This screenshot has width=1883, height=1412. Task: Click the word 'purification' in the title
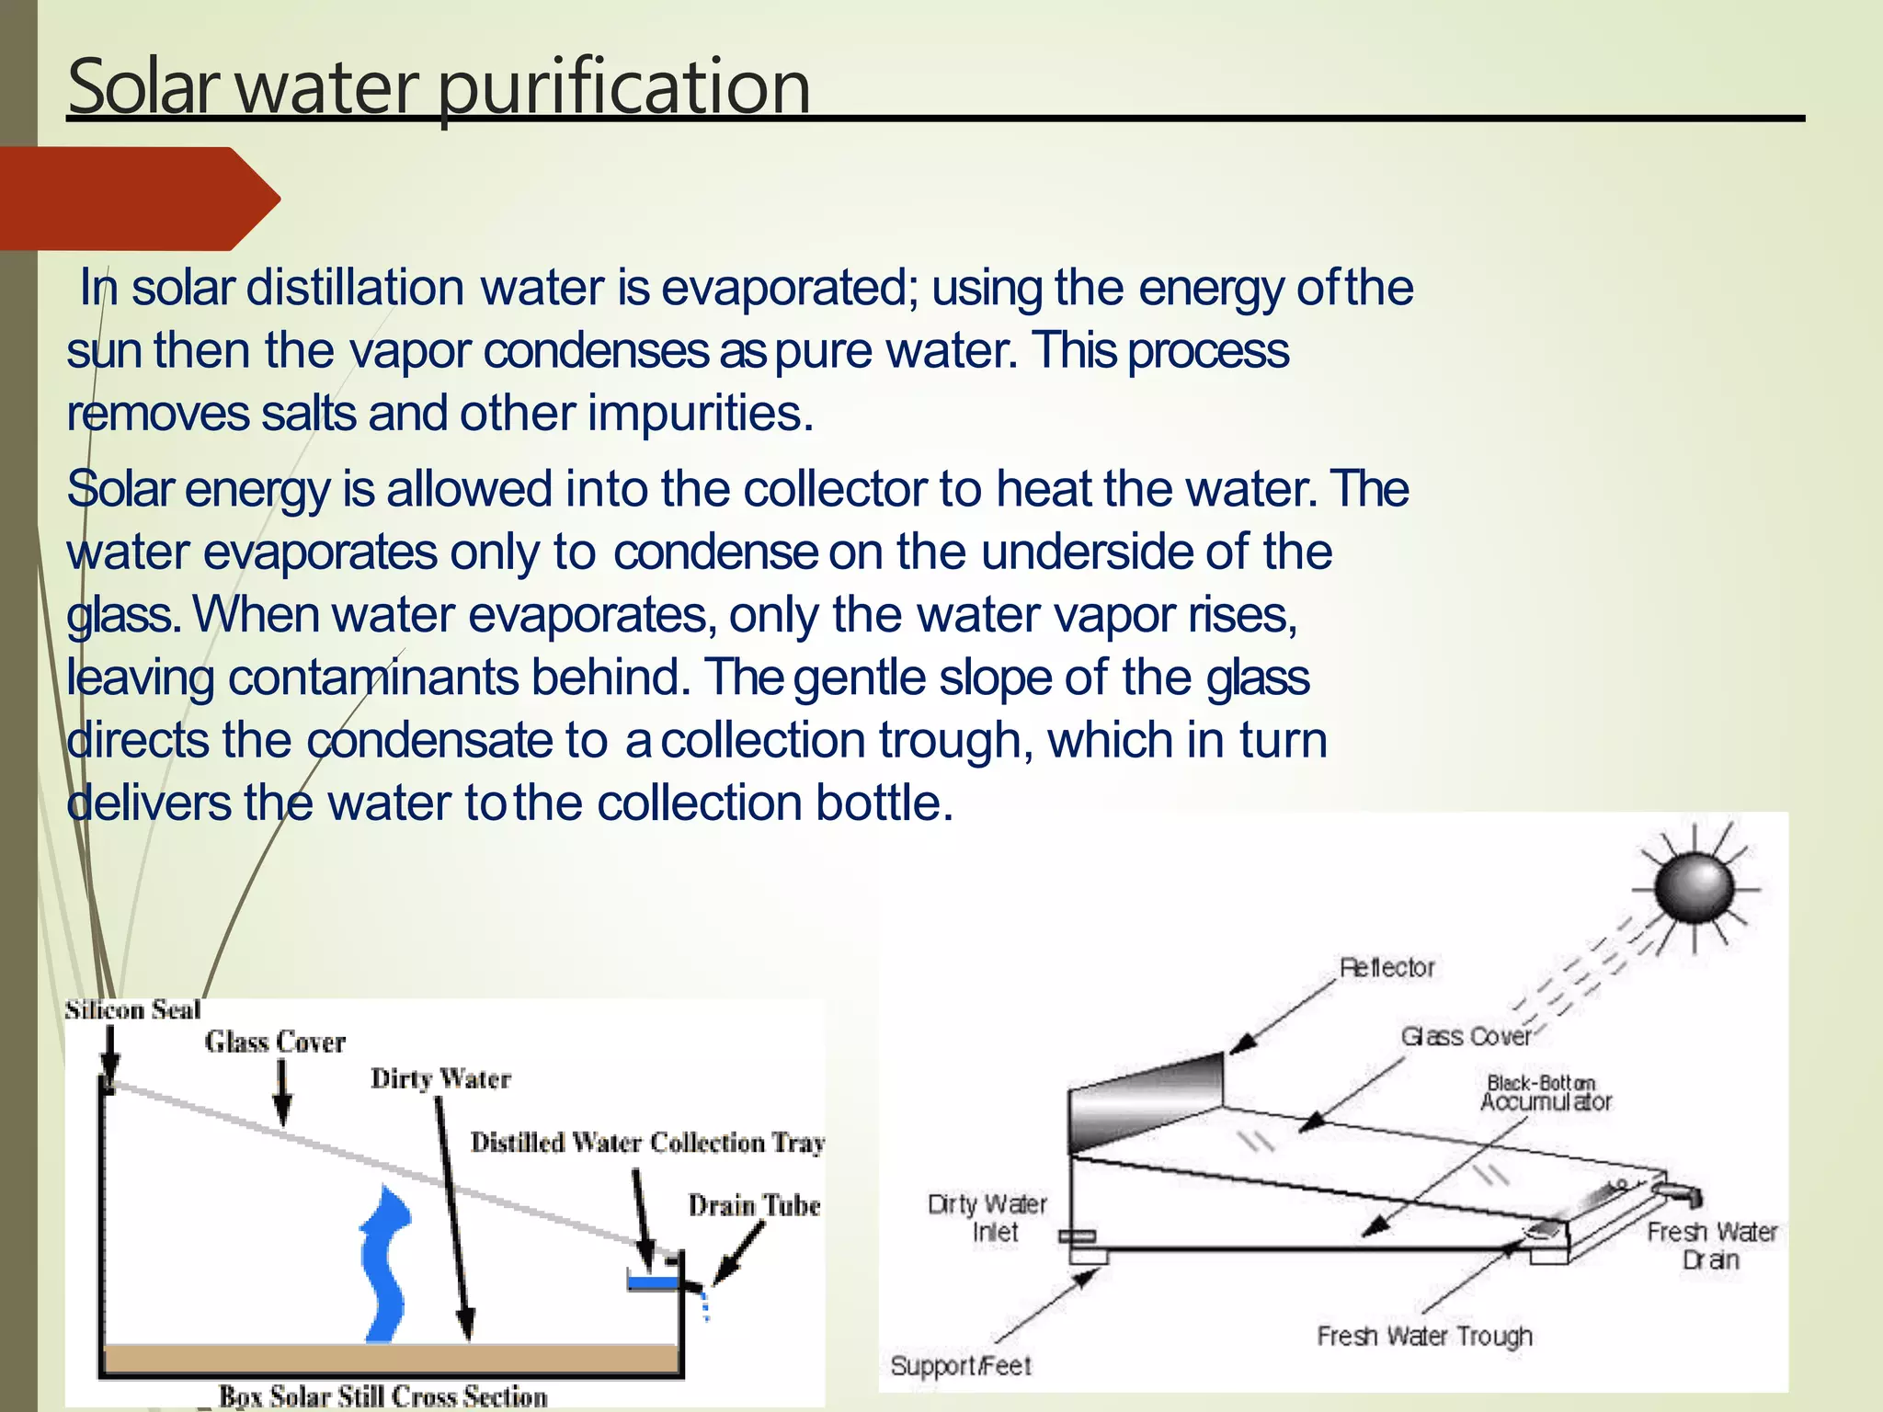pyautogui.click(x=622, y=88)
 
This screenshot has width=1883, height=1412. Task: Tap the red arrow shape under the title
pyautogui.click(x=138, y=199)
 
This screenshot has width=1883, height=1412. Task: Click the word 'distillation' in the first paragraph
pyautogui.click(x=355, y=288)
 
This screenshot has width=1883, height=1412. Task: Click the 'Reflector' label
pyautogui.click(x=1387, y=968)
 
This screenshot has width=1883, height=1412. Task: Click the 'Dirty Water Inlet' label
pyautogui.click(x=987, y=1218)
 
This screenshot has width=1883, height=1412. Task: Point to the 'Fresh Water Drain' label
pyautogui.click(x=1711, y=1246)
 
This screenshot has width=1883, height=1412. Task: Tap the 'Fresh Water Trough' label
pyautogui.click(x=1424, y=1336)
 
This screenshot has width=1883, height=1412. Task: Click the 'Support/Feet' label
pyautogui.click(x=961, y=1366)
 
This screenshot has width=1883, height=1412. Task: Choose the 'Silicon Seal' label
pyautogui.click(x=132, y=1010)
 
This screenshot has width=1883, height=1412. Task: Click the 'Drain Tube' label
pyautogui.click(x=754, y=1205)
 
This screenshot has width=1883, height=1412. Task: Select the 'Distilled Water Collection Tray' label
pyautogui.click(x=647, y=1143)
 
